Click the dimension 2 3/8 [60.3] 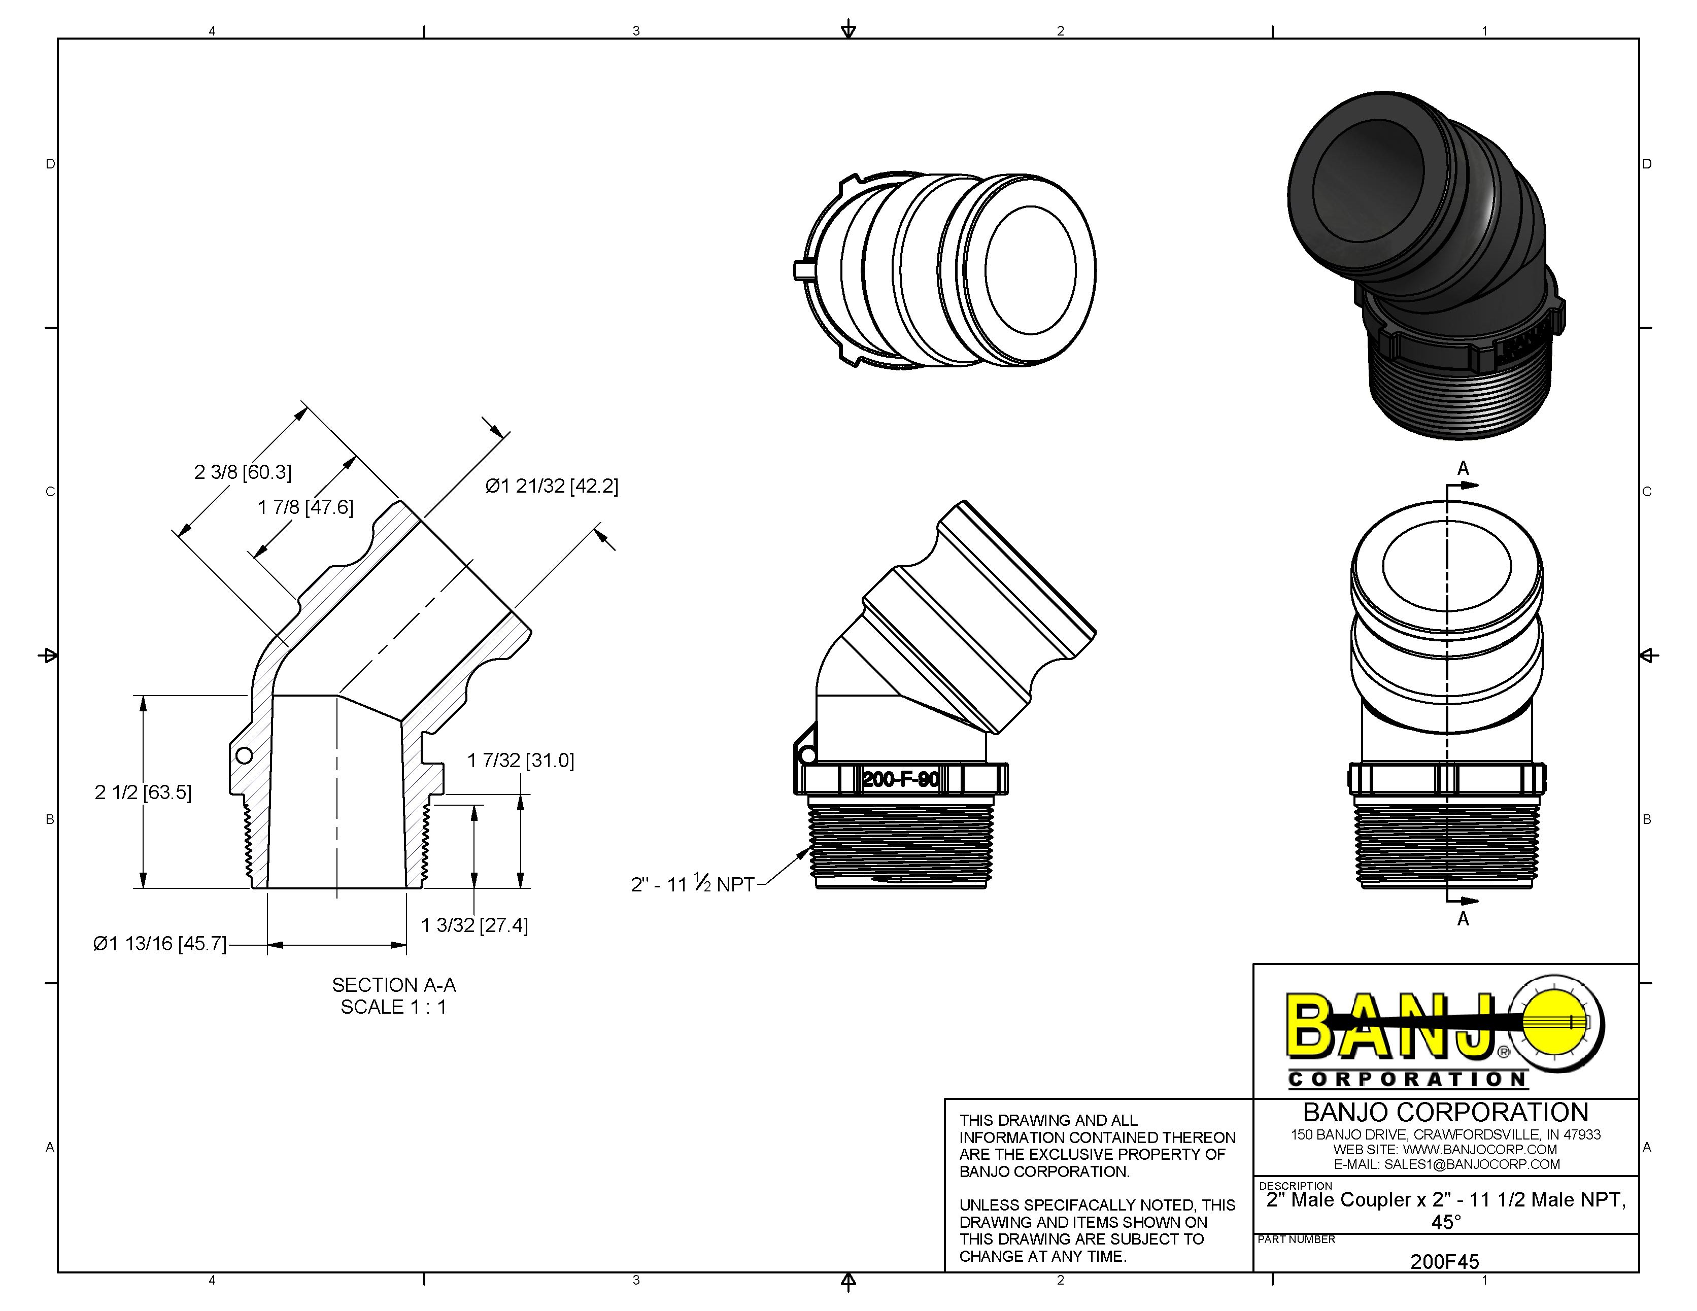[x=243, y=472]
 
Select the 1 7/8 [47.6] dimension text [x=306, y=508]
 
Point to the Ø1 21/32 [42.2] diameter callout [x=552, y=486]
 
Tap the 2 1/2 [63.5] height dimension [x=143, y=792]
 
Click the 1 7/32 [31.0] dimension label [x=521, y=761]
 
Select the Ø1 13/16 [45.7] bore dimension [x=160, y=944]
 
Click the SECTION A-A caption [x=394, y=985]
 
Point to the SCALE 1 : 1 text [x=393, y=1007]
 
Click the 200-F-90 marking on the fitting [x=901, y=779]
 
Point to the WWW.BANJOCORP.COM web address [x=1479, y=1150]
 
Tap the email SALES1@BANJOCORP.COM [x=1472, y=1164]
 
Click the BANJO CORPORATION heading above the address [x=1445, y=1112]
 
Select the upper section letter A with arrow [x=1463, y=469]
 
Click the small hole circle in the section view [x=244, y=755]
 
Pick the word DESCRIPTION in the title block [x=1295, y=1186]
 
